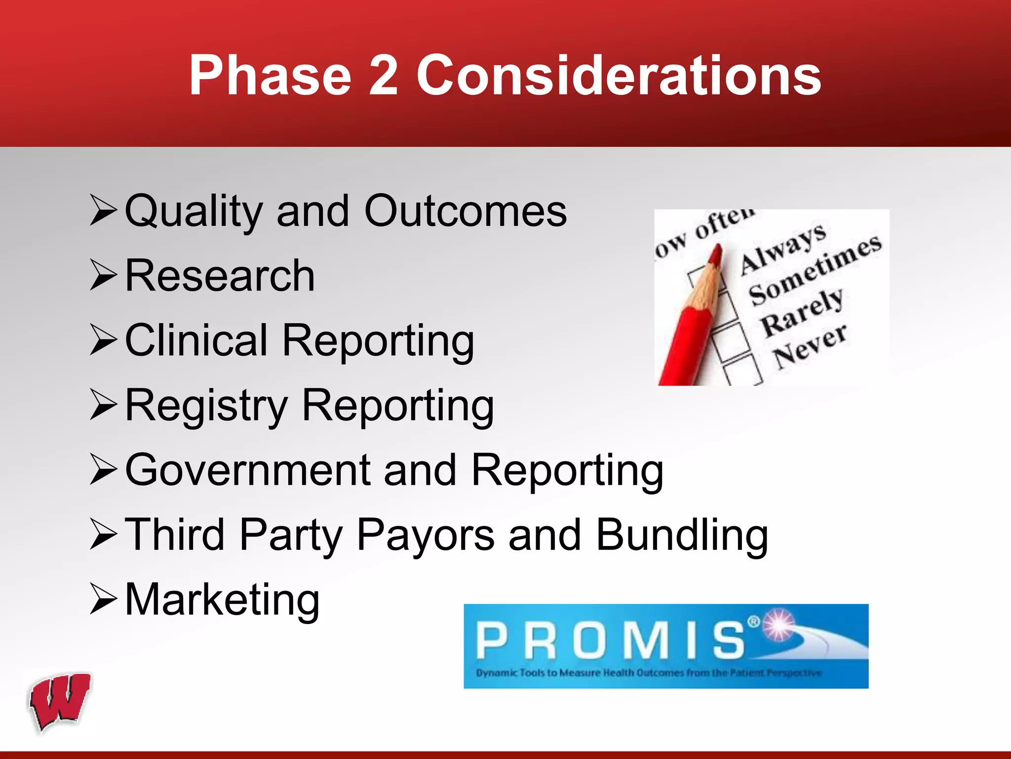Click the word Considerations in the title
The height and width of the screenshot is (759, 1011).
[619, 75]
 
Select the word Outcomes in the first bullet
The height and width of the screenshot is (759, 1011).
[465, 211]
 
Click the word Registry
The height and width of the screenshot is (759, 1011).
[206, 406]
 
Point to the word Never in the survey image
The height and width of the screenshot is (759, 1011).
[810, 346]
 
